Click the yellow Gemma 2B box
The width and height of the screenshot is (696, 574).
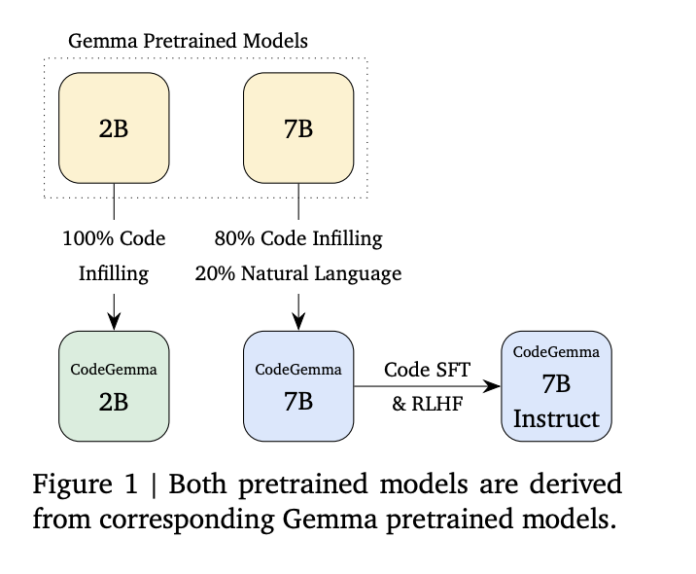pos(115,129)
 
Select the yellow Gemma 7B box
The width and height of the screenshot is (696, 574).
pos(297,129)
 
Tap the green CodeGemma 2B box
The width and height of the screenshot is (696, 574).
pos(115,386)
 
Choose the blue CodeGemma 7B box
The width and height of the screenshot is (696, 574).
pos(297,386)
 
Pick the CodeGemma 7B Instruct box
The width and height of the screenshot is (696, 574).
pos(556,386)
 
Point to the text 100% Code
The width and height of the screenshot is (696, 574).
pos(115,238)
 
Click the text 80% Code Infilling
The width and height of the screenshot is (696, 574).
pos(297,238)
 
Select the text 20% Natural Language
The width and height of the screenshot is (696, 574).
pos(297,274)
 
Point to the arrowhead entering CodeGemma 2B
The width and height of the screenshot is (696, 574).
pos(115,323)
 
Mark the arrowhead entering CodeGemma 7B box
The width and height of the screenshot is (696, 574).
pos(297,323)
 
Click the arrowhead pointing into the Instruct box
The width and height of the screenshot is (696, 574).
pos(494,386)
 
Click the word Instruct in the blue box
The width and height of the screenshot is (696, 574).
pos(556,419)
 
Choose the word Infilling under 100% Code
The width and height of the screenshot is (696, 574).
pos(115,274)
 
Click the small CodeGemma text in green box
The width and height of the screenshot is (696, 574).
pos(115,370)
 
